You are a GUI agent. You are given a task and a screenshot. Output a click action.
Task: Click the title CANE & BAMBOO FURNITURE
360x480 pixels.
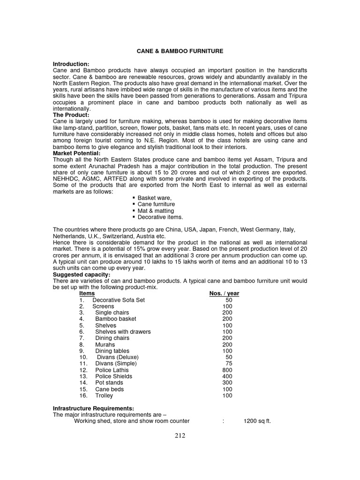tap(180, 51)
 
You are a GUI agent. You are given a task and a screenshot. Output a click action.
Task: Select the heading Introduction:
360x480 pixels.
tap(71, 64)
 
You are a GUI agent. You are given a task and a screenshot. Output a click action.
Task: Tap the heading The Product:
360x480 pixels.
tap(71, 115)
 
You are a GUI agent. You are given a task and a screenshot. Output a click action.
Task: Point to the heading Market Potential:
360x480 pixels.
tap(76, 153)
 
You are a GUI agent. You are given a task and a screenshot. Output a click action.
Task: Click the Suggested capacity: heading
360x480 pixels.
tap(82, 274)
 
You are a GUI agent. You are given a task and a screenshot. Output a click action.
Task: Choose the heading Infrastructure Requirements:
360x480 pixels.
tap(93, 408)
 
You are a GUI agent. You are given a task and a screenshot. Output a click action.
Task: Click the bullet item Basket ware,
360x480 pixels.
tap(154, 198)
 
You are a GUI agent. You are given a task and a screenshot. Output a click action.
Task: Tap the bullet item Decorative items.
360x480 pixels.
tap(160, 217)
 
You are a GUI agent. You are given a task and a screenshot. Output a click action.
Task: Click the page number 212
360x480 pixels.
tap(180, 435)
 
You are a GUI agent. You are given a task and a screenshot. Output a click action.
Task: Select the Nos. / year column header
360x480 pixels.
tap(224, 293)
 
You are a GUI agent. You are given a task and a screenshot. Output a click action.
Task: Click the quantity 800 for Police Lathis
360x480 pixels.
tap(227, 370)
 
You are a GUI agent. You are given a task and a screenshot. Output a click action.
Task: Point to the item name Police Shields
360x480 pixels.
tap(113, 376)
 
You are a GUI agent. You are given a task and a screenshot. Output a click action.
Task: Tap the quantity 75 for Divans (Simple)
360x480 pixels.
tap(229, 363)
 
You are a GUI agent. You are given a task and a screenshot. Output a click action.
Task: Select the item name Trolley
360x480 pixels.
tap(104, 396)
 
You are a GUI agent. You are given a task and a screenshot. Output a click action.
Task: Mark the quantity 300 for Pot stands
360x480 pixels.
tap(227, 382)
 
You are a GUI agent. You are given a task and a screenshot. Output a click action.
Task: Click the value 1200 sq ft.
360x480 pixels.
tap(257, 421)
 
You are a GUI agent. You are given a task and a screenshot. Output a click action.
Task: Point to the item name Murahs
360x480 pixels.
tap(105, 345)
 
